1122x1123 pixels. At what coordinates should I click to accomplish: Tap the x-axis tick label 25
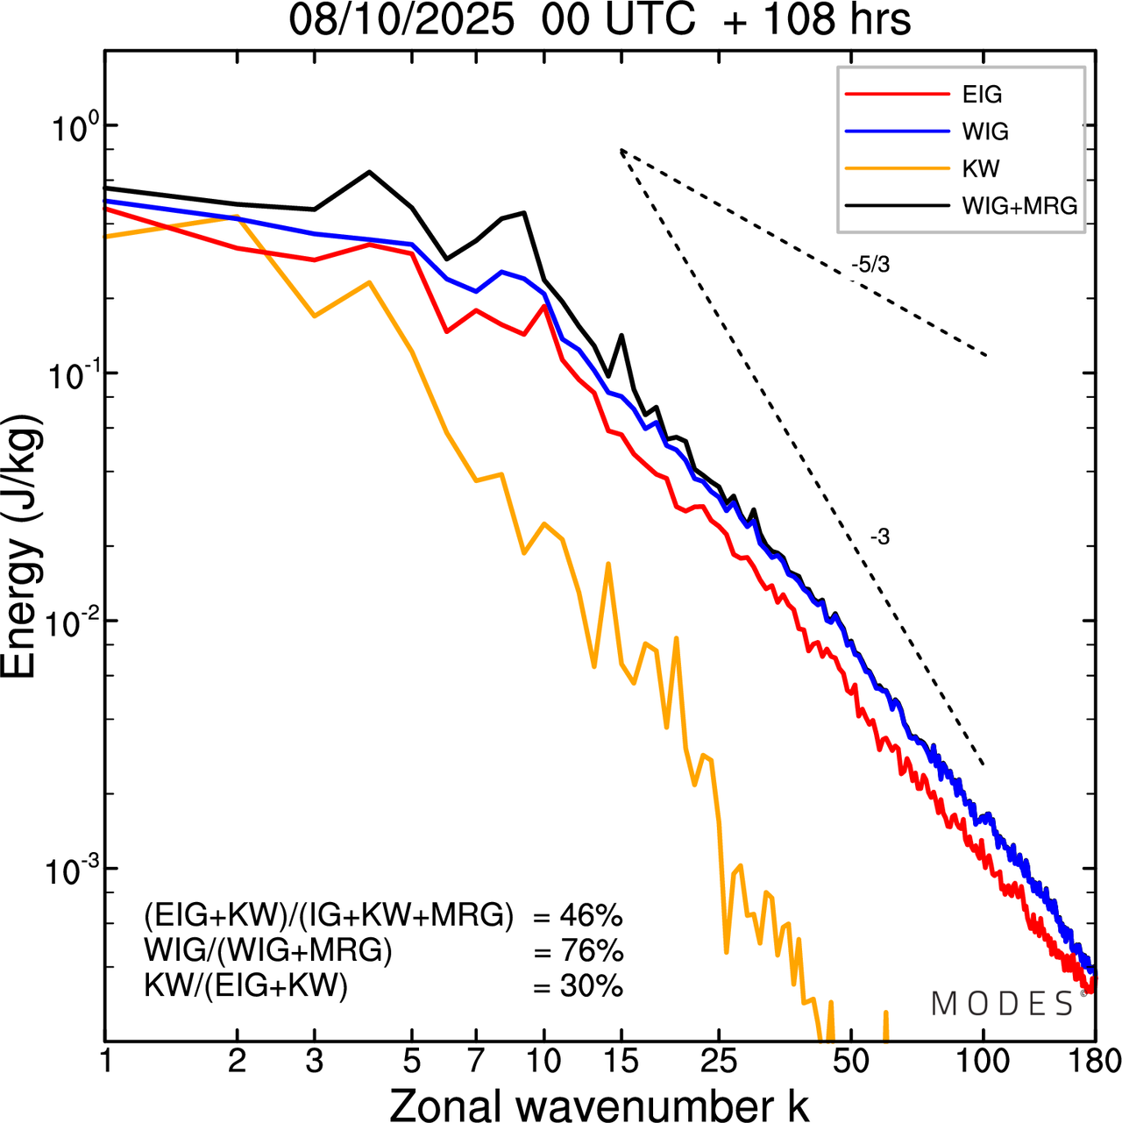(x=719, y=1061)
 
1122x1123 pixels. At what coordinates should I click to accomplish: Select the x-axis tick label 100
(x=983, y=1061)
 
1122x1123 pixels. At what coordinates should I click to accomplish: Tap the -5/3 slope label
(x=870, y=265)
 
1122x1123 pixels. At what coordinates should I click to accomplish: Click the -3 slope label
(x=880, y=537)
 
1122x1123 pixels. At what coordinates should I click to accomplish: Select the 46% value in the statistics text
(x=591, y=916)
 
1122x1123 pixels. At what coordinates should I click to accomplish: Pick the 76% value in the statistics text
(x=591, y=951)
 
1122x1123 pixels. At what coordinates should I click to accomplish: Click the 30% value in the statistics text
(x=591, y=986)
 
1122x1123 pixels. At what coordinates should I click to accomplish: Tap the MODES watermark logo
(x=1003, y=1004)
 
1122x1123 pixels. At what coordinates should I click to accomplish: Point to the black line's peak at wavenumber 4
(x=369, y=172)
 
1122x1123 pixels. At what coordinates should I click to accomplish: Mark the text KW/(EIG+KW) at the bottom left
(x=246, y=986)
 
